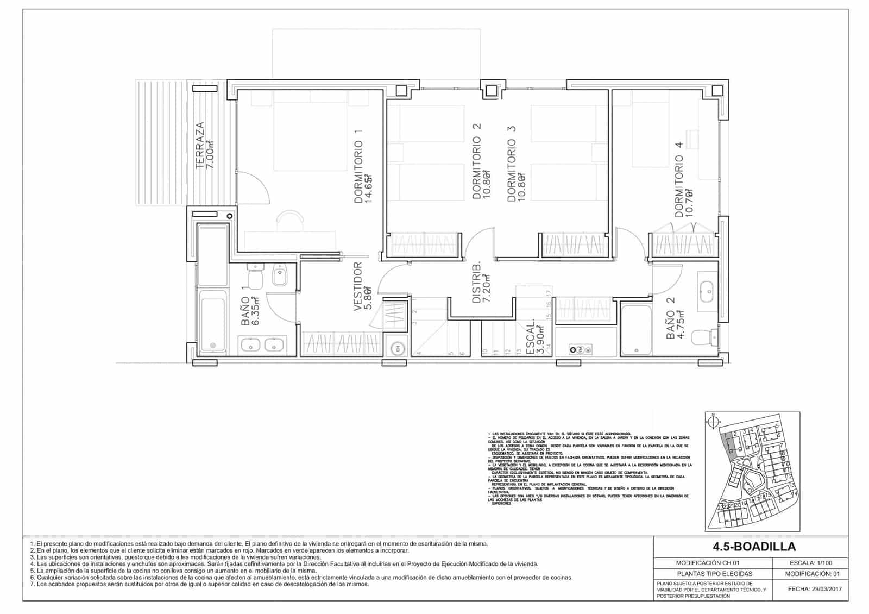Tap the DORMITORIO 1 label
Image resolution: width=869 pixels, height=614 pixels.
363,166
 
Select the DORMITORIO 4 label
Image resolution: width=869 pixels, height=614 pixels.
683,186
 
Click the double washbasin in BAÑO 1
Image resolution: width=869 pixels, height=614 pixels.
260,344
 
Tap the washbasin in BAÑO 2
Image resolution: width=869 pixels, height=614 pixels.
707,292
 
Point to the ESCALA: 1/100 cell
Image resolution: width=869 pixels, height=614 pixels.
813,563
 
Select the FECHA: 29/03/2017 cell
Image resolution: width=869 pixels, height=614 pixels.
813,589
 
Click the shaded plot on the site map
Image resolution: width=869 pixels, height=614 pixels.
729,446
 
